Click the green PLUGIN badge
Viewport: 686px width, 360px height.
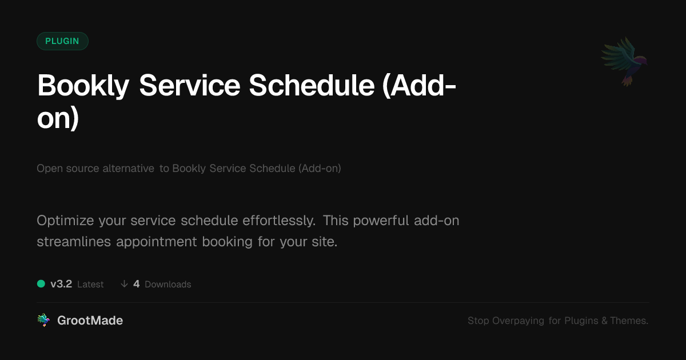click(x=62, y=41)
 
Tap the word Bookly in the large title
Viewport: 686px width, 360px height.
click(x=83, y=86)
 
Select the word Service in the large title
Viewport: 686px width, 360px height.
click(x=190, y=86)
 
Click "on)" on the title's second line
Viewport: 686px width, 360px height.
click(x=58, y=118)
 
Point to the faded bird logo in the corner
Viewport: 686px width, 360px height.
click(x=624, y=62)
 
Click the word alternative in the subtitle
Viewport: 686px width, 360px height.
click(x=128, y=169)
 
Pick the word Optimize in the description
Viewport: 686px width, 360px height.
click(x=65, y=221)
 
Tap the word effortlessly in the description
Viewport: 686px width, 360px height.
click(x=279, y=221)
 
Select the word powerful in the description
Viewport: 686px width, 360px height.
click(x=381, y=221)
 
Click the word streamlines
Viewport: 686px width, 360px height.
click(x=74, y=242)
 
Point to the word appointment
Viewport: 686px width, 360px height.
click(x=156, y=242)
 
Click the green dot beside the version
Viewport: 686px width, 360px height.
click(x=41, y=284)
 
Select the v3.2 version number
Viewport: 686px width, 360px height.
click(x=61, y=284)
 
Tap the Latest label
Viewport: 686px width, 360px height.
click(x=90, y=285)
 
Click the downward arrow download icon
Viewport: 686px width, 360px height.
click(x=124, y=284)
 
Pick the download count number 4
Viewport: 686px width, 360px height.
click(x=137, y=284)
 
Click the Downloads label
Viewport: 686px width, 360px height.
click(x=168, y=285)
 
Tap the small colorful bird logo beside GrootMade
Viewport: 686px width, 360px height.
click(x=43, y=320)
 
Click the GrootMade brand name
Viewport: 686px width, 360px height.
click(x=90, y=321)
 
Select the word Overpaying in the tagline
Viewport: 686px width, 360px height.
click(x=518, y=321)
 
